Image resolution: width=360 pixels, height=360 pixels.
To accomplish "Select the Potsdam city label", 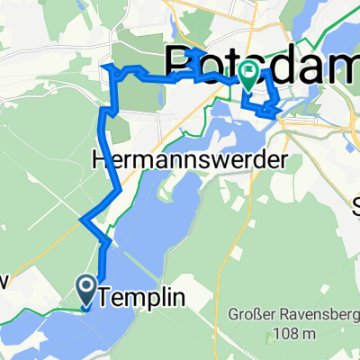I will [x=261, y=65].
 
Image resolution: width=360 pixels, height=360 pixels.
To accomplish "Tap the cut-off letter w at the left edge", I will [x=4, y=282].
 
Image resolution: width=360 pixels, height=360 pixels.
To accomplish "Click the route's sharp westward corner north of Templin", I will [x=83, y=220].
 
